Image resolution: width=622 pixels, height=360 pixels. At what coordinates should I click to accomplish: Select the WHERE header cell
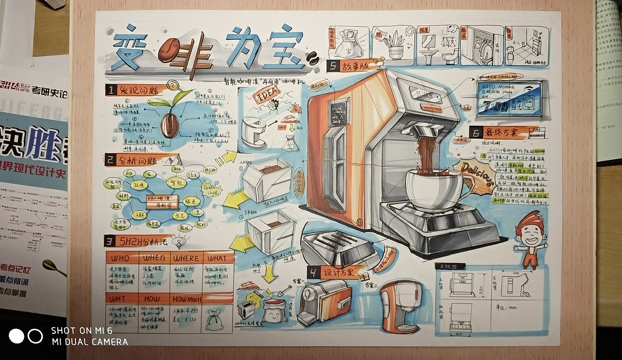[185, 258]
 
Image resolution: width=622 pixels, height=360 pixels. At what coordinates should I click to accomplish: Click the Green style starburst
[209, 187]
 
